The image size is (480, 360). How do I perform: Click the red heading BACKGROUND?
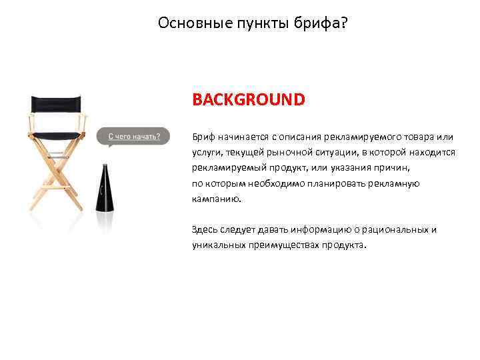point(248,100)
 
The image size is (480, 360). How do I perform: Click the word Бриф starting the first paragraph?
point(203,137)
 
